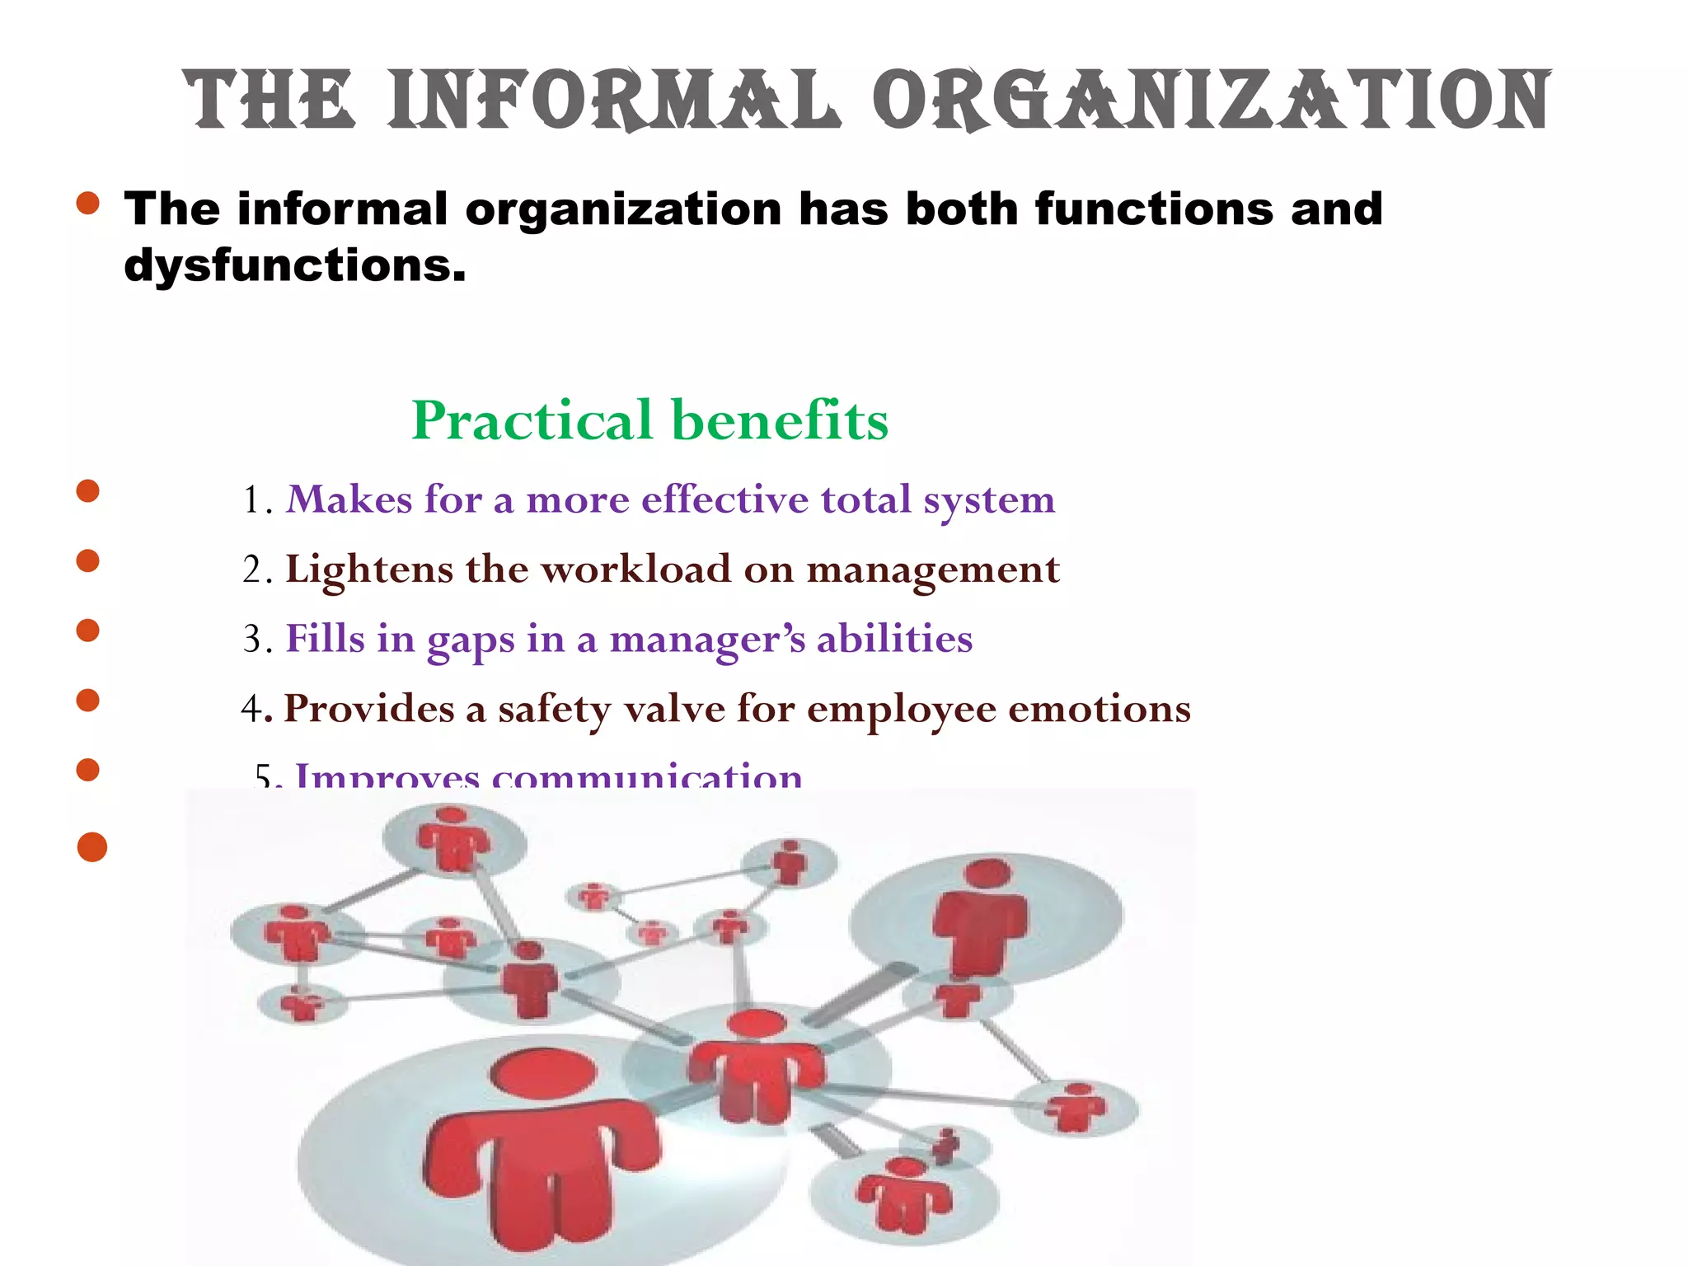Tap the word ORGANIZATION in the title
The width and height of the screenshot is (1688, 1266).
tap(1212, 101)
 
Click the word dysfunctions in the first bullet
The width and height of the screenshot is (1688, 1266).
tap(295, 266)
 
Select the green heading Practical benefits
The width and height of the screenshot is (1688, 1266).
tap(649, 420)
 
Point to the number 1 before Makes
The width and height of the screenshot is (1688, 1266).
tap(252, 500)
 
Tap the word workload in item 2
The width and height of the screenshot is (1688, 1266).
tap(635, 569)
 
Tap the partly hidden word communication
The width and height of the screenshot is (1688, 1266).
tap(647, 776)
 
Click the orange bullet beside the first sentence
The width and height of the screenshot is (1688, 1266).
tap(87, 203)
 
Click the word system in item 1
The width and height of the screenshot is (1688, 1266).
tap(988, 500)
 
